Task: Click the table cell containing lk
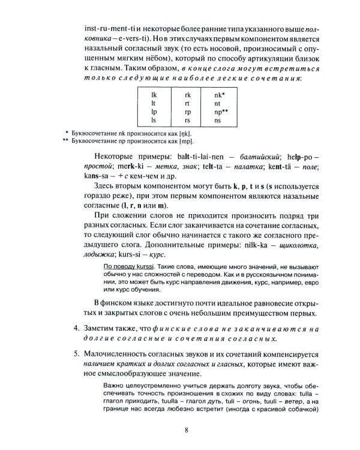pos(154,95)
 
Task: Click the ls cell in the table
pos(154,120)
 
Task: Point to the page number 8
pos(187,429)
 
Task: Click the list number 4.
pos(76,329)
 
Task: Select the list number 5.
pos(76,354)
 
